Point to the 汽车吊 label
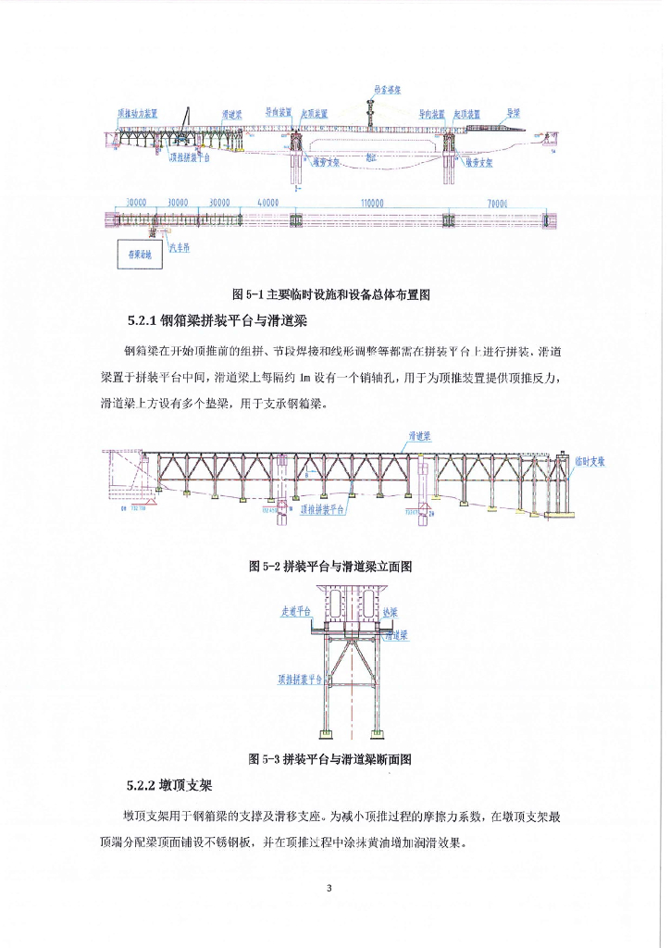point(179,244)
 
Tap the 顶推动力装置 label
point(137,114)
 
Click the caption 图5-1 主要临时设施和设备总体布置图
point(335,294)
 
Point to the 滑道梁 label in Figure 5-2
point(421,435)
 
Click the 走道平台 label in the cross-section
point(296,612)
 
